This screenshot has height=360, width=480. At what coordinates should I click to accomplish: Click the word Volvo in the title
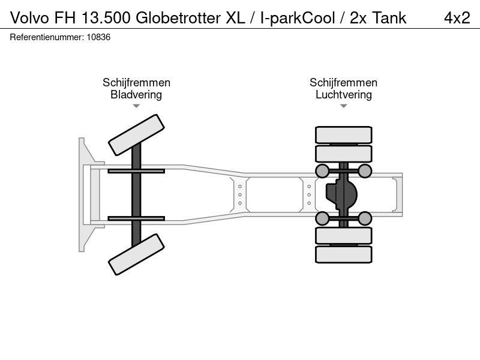(29, 18)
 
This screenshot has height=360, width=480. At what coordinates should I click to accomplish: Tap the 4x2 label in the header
(457, 18)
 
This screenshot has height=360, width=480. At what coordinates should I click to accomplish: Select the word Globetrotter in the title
(178, 18)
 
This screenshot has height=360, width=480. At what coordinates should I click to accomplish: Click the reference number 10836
(98, 37)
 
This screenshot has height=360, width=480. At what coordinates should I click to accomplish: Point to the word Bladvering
(136, 95)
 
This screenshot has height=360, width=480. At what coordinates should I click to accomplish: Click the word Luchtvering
(343, 95)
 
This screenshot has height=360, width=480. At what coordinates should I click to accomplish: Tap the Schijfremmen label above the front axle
(136, 83)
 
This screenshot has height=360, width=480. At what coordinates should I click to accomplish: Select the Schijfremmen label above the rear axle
(343, 83)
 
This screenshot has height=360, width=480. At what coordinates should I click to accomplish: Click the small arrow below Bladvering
(136, 106)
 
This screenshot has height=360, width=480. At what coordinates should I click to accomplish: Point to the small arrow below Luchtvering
(343, 106)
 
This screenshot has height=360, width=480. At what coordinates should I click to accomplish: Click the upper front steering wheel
(137, 135)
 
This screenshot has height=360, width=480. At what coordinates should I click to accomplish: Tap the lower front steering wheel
(137, 254)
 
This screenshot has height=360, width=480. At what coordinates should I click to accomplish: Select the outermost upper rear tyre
(343, 134)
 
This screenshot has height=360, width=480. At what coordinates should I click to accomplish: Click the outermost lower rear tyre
(343, 254)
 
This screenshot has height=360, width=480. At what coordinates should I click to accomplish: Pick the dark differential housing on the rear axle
(341, 194)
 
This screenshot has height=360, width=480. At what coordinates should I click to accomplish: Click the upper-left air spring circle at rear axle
(322, 171)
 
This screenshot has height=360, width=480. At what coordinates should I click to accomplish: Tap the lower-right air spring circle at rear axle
(365, 218)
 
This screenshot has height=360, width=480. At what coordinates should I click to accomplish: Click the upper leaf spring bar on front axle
(136, 171)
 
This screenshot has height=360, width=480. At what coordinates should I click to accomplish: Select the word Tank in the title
(389, 18)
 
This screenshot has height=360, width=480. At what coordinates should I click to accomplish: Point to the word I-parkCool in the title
(298, 18)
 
